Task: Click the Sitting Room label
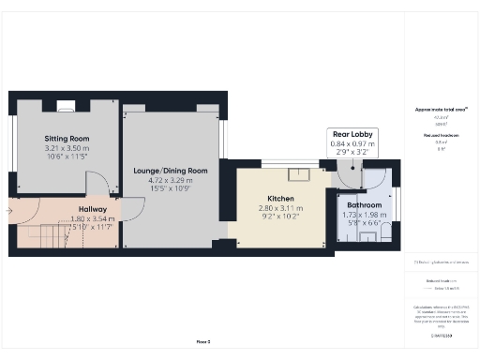[66, 138]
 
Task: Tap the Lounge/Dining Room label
[172, 171]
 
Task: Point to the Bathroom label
[364, 204]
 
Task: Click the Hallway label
[92, 209]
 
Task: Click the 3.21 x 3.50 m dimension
[66, 148]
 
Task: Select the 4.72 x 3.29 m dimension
[172, 180]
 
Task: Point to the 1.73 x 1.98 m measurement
[364, 215]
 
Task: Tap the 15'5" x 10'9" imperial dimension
[172, 189]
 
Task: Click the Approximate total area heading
[441, 110]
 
